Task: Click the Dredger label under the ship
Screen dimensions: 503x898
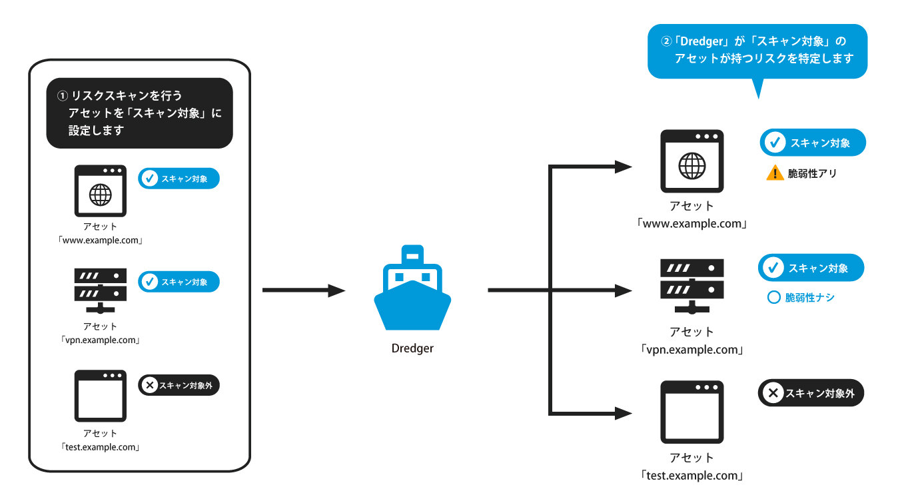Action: coord(412,348)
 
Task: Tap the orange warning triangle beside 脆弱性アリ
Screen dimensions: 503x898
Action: coord(775,173)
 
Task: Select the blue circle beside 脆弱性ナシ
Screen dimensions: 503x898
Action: coord(773,298)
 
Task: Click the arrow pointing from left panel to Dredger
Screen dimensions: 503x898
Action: coord(304,290)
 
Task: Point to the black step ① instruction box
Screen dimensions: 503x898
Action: coord(139,113)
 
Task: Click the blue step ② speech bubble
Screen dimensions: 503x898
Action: coord(757,51)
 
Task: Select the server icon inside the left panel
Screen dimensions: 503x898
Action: coord(101,290)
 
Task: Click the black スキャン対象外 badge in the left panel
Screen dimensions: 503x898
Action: coord(179,385)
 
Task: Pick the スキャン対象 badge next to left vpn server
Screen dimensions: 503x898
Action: coord(179,282)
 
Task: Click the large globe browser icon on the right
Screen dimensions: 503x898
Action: coord(691,161)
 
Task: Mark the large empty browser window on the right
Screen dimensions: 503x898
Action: coord(691,412)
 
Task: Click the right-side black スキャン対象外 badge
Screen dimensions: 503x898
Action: coord(811,394)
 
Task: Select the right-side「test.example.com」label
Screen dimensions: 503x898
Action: coord(691,476)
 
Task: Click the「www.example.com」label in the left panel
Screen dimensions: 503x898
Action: coord(101,240)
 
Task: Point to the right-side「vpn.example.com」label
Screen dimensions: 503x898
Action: coord(691,350)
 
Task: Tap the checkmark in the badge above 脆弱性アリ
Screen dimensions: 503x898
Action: coord(775,143)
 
